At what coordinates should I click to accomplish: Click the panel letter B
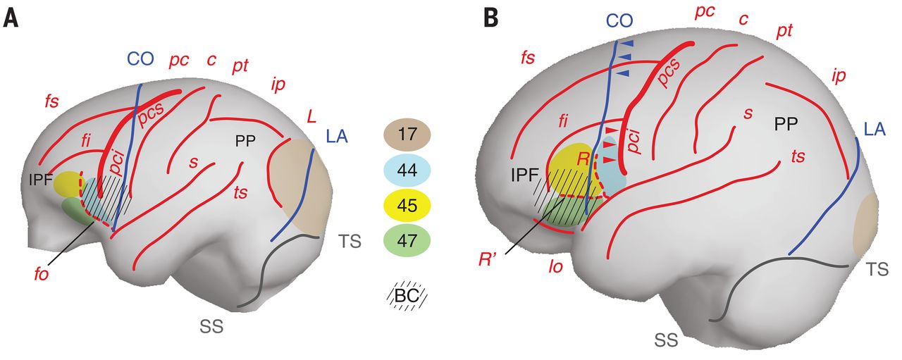[x=490, y=17]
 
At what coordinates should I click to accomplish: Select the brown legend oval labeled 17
[x=407, y=134]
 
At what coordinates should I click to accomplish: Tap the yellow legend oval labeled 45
[x=407, y=206]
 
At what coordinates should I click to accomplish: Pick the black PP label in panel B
[x=786, y=125]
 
